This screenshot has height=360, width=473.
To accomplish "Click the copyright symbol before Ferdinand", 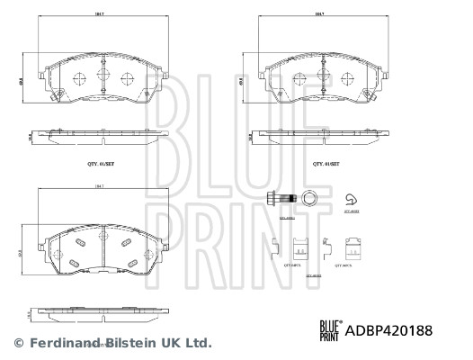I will pos(17,343).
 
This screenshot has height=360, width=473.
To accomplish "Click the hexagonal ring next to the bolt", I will pos(310,198).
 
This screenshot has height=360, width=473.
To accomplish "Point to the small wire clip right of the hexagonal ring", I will pos(352,199).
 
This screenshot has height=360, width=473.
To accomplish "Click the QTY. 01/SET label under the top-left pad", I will pos(101,165).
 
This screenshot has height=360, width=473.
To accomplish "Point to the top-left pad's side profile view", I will pos(101,134).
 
